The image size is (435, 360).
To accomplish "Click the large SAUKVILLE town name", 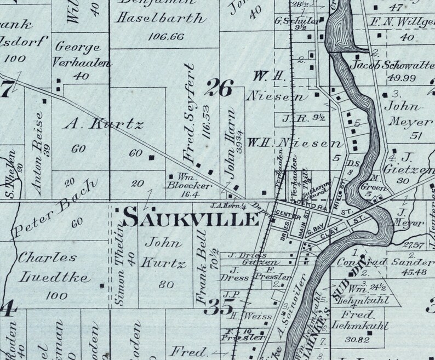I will [191, 219].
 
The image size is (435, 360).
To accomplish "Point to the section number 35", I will [218, 307].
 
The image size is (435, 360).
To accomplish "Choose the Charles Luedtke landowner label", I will [47, 267].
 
